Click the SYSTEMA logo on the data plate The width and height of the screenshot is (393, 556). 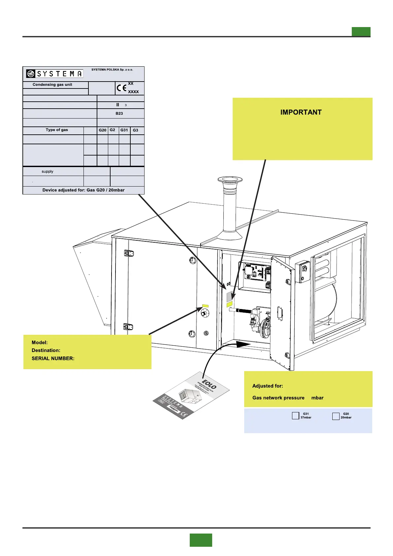(x=55, y=74)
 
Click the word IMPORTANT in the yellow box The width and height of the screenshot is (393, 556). (x=301, y=112)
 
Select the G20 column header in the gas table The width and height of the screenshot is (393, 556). (x=103, y=130)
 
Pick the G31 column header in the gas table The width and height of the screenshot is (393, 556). (x=124, y=130)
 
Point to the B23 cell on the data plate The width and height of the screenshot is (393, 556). (x=119, y=113)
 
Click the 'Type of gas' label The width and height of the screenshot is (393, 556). (x=57, y=130)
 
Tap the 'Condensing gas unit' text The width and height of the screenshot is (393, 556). (x=52, y=85)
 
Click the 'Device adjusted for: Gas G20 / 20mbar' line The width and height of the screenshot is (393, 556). (x=83, y=190)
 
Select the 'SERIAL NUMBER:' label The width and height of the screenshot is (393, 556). (x=53, y=358)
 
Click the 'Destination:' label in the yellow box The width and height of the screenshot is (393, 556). (x=46, y=350)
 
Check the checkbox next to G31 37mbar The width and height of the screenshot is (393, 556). (x=295, y=416)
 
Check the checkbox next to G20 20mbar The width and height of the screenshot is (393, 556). (x=336, y=416)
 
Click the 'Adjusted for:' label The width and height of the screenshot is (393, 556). (x=268, y=386)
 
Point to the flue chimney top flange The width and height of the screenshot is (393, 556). (x=230, y=180)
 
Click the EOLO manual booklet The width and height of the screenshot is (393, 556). (x=191, y=396)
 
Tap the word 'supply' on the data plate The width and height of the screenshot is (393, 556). (x=48, y=171)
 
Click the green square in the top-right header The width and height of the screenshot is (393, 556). (x=361, y=32)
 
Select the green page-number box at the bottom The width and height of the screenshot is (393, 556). (x=201, y=540)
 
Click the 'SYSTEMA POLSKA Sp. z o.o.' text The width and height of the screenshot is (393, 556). (x=112, y=70)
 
